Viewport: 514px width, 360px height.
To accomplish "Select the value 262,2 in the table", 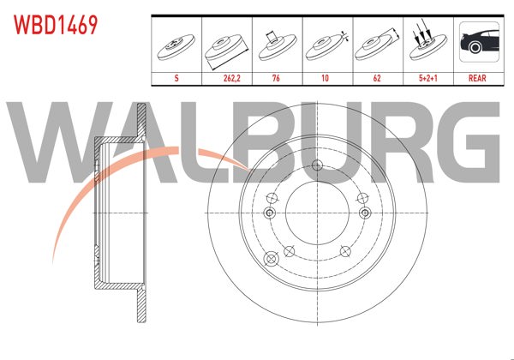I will (x=227, y=77).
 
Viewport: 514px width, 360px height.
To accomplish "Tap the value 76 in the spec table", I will (x=277, y=77).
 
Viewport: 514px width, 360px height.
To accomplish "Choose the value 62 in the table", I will (x=377, y=77).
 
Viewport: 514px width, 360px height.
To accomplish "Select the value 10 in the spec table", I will (x=326, y=77).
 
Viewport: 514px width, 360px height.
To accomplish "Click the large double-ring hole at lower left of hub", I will (x=273, y=257).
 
